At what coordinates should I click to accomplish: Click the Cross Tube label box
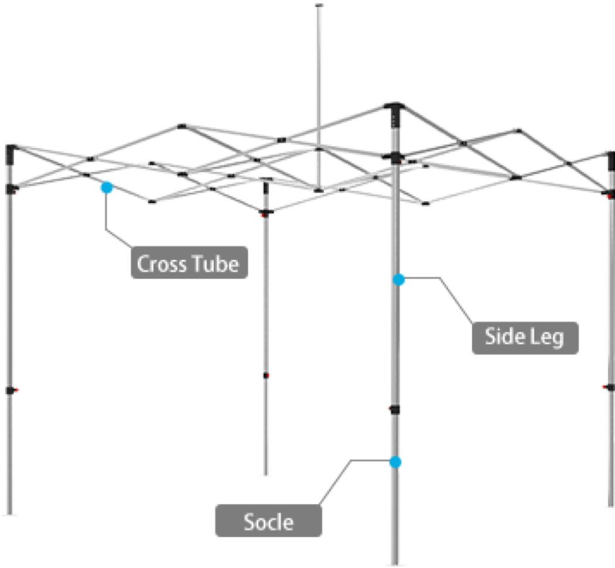tap(189, 263)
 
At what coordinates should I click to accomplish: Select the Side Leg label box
tap(525, 338)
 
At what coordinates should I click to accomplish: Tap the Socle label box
tap(268, 521)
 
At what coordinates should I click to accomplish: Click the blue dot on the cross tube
tap(107, 188)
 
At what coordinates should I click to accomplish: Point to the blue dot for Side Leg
tap(399, 280)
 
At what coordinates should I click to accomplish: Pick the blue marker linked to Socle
tap(395, 463)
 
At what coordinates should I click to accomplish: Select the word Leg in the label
tap(549, 338)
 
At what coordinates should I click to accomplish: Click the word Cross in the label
tap(158, 264)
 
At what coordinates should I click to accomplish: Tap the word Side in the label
tap(504, 338)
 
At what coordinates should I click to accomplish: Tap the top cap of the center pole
tap(319, 6)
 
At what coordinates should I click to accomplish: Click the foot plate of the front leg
tap(395, 564)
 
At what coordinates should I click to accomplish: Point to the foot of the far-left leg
tap(10, 514)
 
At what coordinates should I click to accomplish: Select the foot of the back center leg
tap(266, 475)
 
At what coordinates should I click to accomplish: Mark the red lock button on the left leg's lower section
tap(16, 390)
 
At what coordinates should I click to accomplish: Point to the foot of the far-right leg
tap(609, 505)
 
